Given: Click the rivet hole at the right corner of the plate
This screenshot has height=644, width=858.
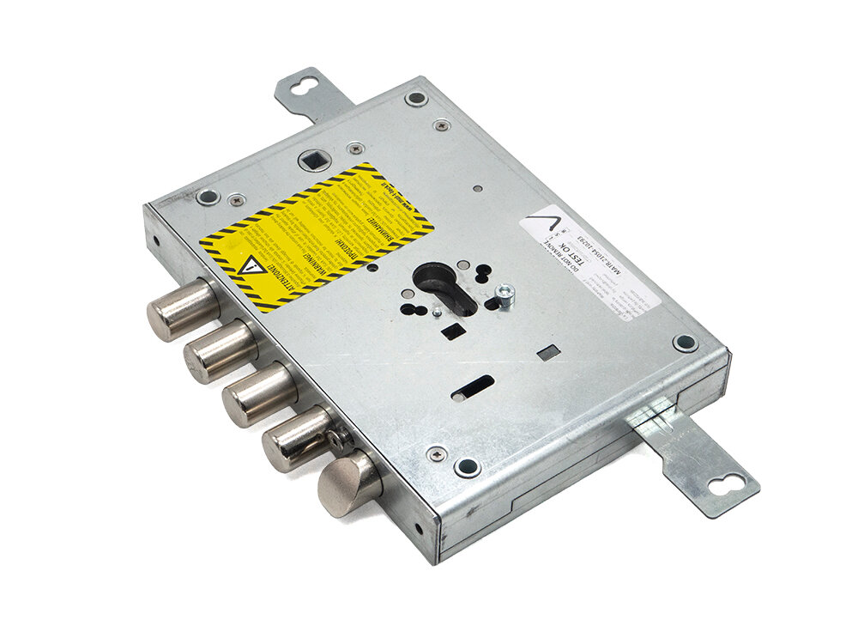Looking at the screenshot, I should pyautogui.click(x=684, y=342).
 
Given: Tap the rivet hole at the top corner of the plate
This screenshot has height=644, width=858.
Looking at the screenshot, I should pyautogui.click(x=416, y=98).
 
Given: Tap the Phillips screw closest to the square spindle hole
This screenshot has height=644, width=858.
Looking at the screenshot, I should pyautogui.click(x=353, y=149).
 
